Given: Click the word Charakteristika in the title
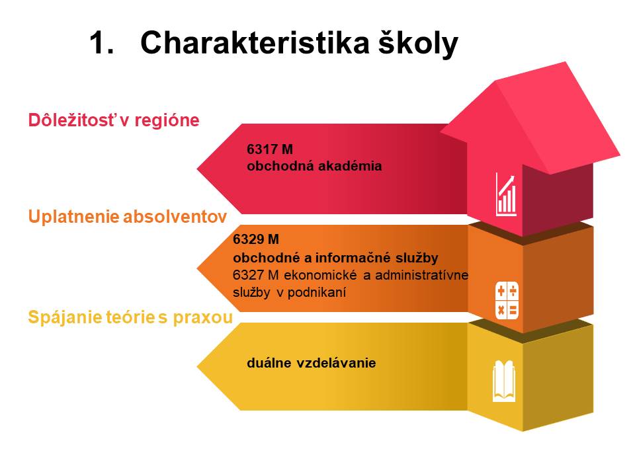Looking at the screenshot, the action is point(255,42).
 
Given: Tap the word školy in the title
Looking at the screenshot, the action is point(418,44).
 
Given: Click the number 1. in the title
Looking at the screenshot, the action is point(101,42).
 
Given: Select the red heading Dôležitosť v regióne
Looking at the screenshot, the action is point(114,120).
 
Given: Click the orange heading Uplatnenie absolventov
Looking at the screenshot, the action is point(128,217).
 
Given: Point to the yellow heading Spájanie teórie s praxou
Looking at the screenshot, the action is point(130,317).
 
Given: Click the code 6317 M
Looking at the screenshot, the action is point(270,149).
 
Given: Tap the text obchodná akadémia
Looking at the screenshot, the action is point(314,166).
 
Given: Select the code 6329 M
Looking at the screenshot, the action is point(256,239).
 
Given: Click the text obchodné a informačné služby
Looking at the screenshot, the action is point(336,258).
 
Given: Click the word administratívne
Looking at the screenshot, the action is point(421,275).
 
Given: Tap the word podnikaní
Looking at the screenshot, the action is point(317,293).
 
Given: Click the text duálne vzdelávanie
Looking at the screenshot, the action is point(311,363).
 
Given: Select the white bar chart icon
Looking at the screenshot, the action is point(506,194).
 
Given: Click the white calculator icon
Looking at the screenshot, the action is point(507,300).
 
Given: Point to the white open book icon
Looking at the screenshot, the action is point(504,381).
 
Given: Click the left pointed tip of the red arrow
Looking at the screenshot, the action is point(197,169).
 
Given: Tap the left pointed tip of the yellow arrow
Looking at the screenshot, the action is point(197,367).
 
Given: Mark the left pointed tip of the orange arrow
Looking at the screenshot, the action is point(197,268).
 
